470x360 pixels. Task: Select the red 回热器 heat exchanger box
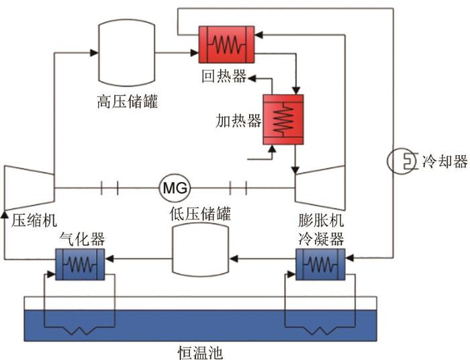pos(226,45)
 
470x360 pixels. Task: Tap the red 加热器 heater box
pos(282,119)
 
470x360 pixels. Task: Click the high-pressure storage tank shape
pos(128,52)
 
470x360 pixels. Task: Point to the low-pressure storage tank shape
pos(200,250)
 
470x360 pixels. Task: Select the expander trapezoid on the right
pos(320,186)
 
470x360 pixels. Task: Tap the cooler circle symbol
pos(404,162)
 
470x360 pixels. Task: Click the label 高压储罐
pos(127,102)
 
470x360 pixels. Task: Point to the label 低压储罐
pos(199,215)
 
